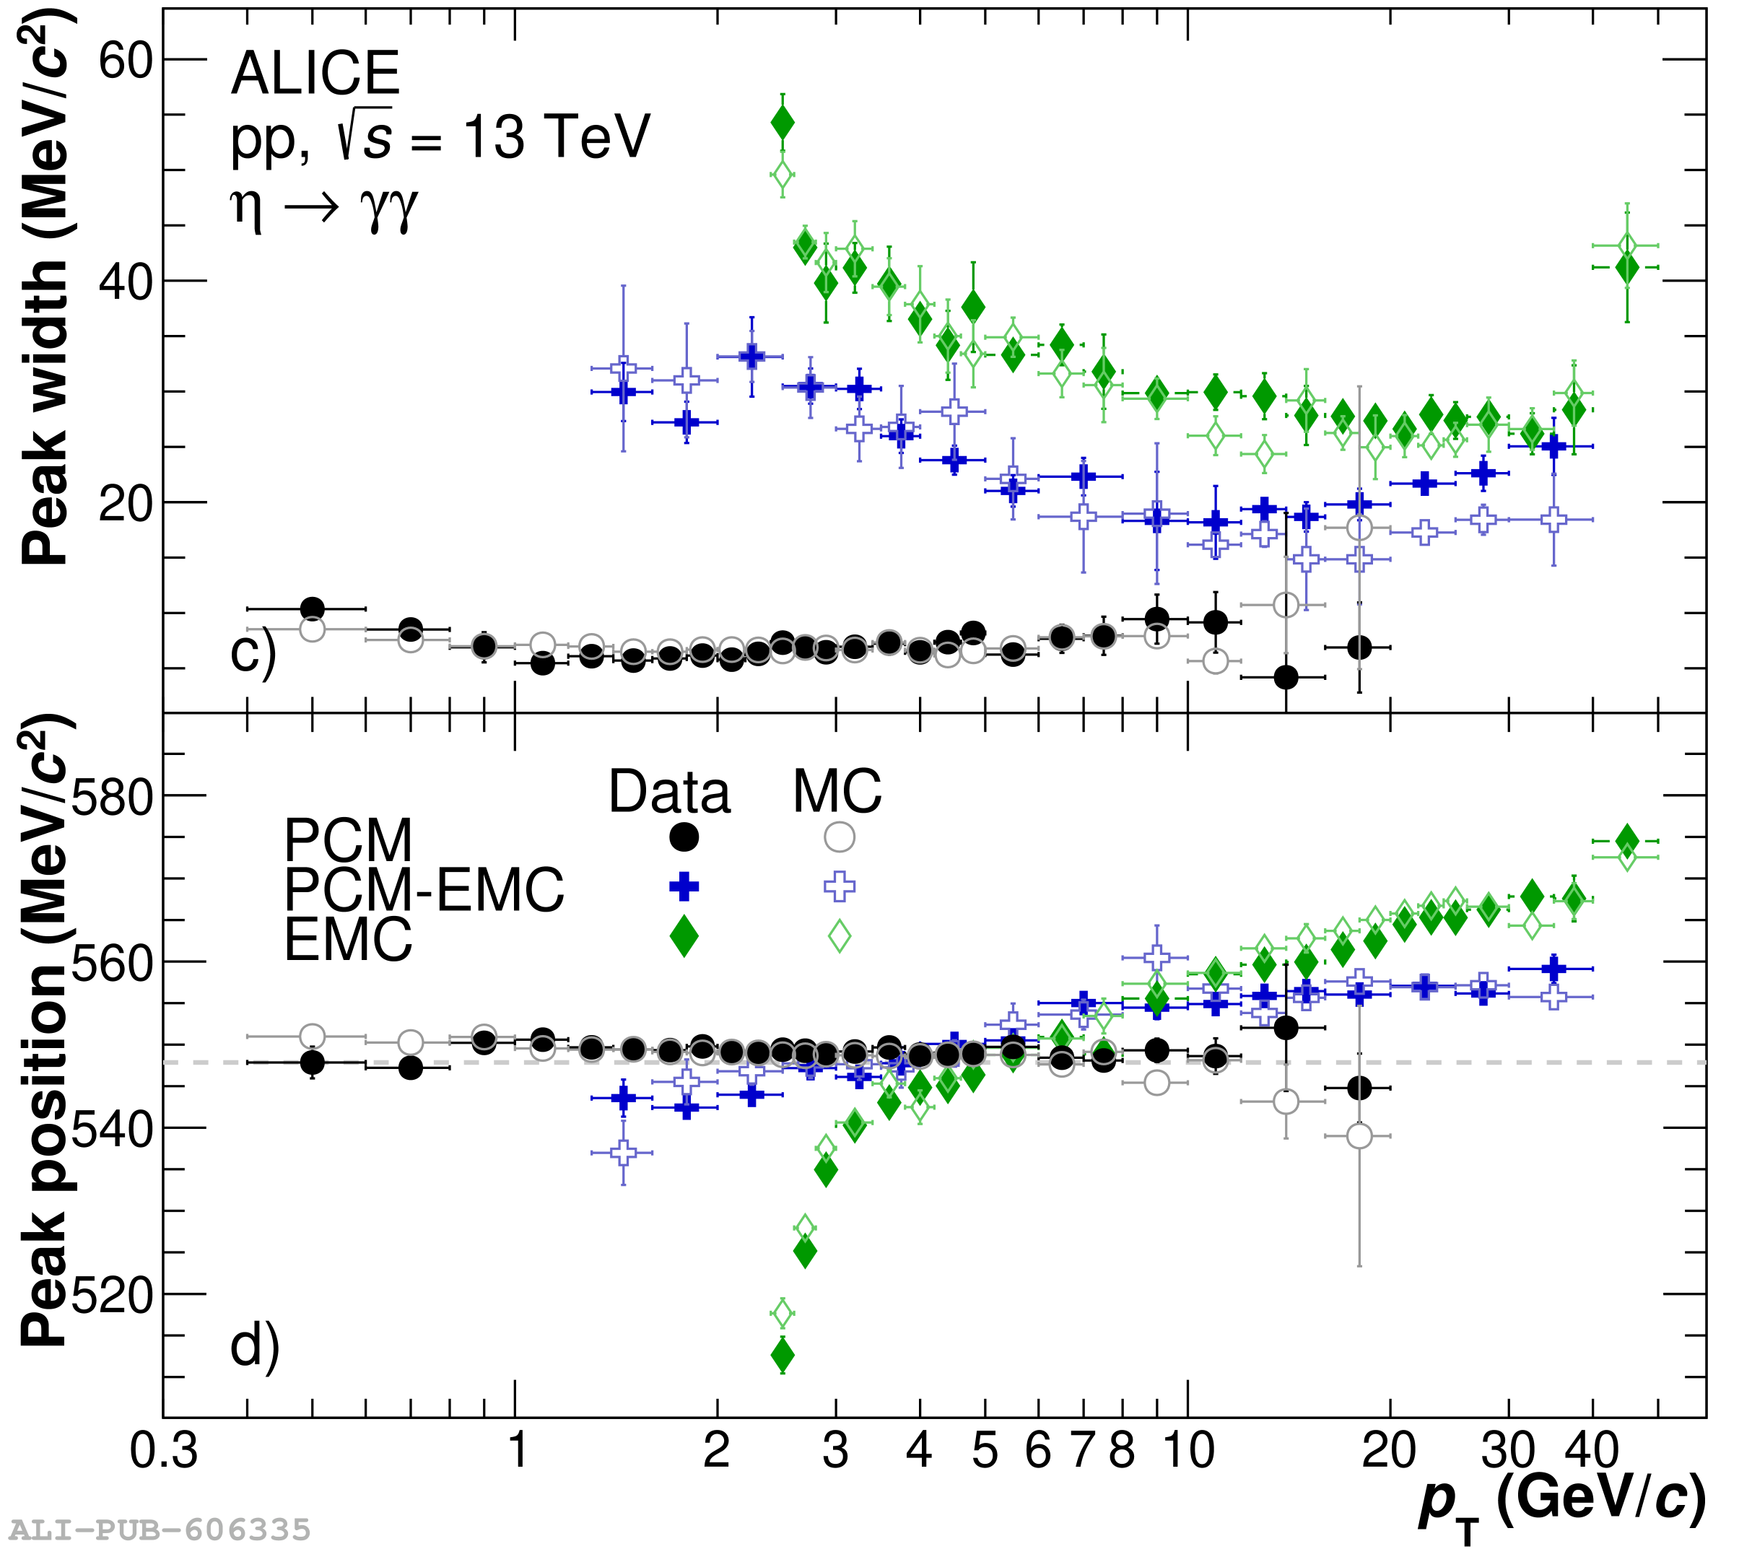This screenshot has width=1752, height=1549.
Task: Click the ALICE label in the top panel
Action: tap(315, 74)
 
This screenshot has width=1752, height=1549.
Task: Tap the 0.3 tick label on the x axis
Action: tap(163, 1450)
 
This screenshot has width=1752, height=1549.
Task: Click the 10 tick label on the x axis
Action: tap(1188, 1450)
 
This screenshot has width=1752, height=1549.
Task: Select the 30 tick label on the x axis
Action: tap(1508, 1450)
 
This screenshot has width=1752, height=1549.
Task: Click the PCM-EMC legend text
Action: tap(424, 889)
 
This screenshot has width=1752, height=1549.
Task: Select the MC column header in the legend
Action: tap(837, 791)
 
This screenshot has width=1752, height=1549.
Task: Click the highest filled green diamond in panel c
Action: tap(782, 123)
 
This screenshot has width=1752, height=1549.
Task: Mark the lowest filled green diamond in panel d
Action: tap(782, 1356)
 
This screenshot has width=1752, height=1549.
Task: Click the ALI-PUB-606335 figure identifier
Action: tap(160, 1530)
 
